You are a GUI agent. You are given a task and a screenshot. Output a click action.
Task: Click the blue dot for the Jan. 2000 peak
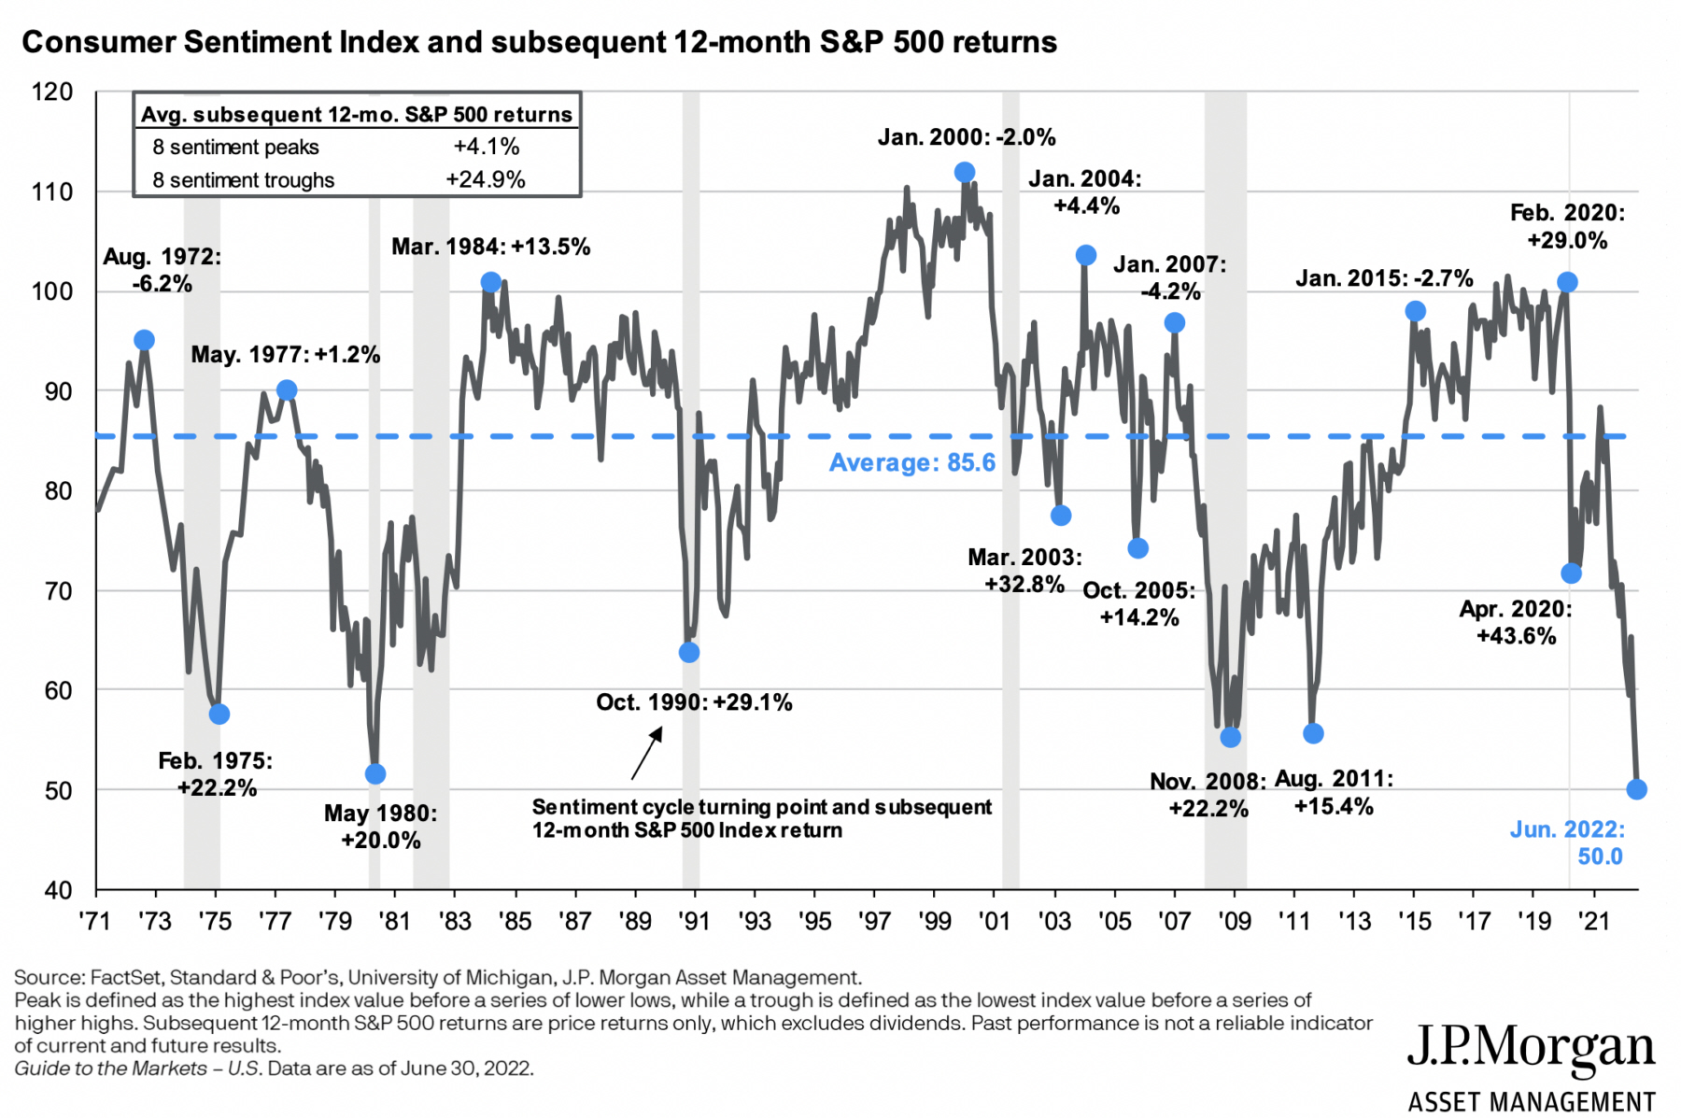pos(965,172)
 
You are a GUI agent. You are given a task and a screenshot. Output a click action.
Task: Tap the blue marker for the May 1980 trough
pos(375,773)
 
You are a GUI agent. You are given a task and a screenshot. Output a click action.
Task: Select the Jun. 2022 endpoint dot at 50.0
pos(1636,789)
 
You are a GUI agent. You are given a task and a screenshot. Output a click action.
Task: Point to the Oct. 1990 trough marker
pos(689,652)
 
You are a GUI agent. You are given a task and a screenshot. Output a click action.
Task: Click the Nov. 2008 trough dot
pos(1231,737)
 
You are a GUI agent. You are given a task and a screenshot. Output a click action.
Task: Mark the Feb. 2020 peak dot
pos(1568,282)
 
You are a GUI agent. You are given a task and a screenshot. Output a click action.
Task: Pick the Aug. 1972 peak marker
pos(144,340)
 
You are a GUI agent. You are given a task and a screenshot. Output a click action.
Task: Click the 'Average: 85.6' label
pos(912,462)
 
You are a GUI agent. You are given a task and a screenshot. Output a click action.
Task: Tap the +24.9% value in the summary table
pos(486,179)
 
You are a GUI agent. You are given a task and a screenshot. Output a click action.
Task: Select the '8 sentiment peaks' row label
pos(235,147)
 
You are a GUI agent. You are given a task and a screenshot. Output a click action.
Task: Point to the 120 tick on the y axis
pos(52,92)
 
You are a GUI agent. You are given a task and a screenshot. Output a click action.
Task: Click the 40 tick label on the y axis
pos(58,890)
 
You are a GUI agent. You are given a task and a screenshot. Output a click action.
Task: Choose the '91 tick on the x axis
pos(694,921)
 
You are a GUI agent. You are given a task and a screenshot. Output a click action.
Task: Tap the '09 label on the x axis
pos(1235,921)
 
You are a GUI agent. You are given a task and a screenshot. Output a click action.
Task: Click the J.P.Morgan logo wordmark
pos(1532,1048)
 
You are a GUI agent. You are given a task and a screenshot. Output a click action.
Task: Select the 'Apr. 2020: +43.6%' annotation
pos(1516,622)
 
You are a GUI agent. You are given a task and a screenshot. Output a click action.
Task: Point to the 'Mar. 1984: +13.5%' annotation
pos(490,247)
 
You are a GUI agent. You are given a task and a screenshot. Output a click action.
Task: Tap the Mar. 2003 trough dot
pos(1061,516)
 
